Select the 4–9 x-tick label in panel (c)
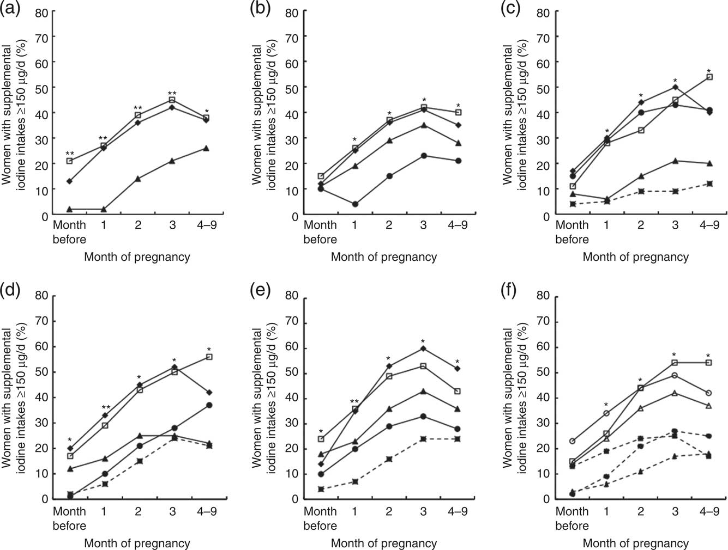[x=708, y=225]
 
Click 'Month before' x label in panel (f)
[x=572, y=518]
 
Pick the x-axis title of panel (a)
[x=137, y=257]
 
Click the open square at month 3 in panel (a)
[x=172, y=100]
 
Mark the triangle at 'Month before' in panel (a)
[x=70, y=209]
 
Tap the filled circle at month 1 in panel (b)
[x=355, y=204]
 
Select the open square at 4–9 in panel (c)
[x=709, y=77]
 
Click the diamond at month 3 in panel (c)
[x=675, y=87]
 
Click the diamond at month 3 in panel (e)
[x=423, y=349]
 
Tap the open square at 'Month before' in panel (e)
[x=321, y=438]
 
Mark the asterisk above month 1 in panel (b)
[x=355, y=140]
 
